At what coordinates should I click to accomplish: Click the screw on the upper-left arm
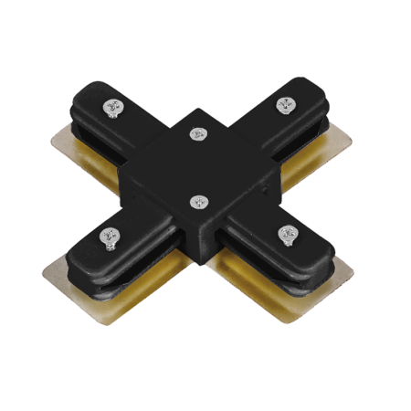click(112, 108)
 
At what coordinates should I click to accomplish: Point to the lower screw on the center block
click(196, 201)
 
